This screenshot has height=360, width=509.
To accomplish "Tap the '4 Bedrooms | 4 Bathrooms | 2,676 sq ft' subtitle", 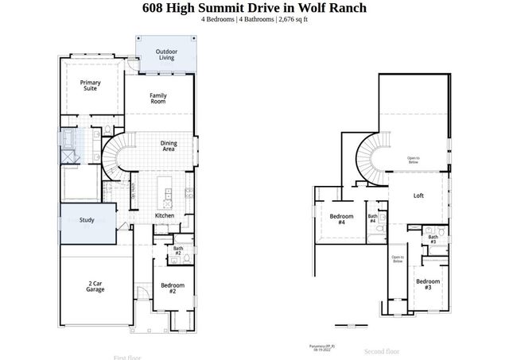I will pyautogui.click(x=254, y=19).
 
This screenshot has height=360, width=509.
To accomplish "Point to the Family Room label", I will pyautogui.click(x=158, y=99).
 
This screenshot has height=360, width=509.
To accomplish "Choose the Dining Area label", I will pyautogui.click(x=169, y=145).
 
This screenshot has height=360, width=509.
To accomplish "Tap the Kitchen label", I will pyautogui.click(x=165, y=215).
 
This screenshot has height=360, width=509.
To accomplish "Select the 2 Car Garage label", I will pyautogui.click(x=96, y=287).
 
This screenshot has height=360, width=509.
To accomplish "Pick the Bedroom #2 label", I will pyautogui.click(x=173, y=288).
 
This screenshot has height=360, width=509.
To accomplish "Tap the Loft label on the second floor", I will pyautogui.click(x=418, y=195).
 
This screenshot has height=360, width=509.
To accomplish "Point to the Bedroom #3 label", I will pyautogui.click(x=428, y=284).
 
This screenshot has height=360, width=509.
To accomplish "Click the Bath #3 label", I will pyautogui.click(x=433, y=238).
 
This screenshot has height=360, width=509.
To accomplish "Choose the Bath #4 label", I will pyautogui.click(x=372, y=219).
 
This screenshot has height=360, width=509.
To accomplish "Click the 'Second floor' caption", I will pyautogui.click(x=382, y=350).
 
